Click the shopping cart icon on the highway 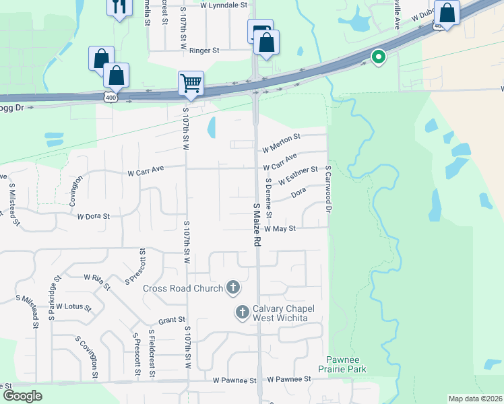(x=191, y=83)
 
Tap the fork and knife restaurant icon (x=119, y=7)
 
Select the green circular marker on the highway (x=378, y=58)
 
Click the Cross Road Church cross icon (x=232, y=288)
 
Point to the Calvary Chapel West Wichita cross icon (x=243, y=312)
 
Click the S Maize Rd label (x=257, y=224)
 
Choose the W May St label (x=280, y=229)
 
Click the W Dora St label (x=93, y=217)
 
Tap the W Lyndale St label (x=224, y=5)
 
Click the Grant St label (x=172, y=321)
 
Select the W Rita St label (x=97, y=281)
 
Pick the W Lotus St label (x=73, y=306)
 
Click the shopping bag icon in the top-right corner (x=447, y=13)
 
